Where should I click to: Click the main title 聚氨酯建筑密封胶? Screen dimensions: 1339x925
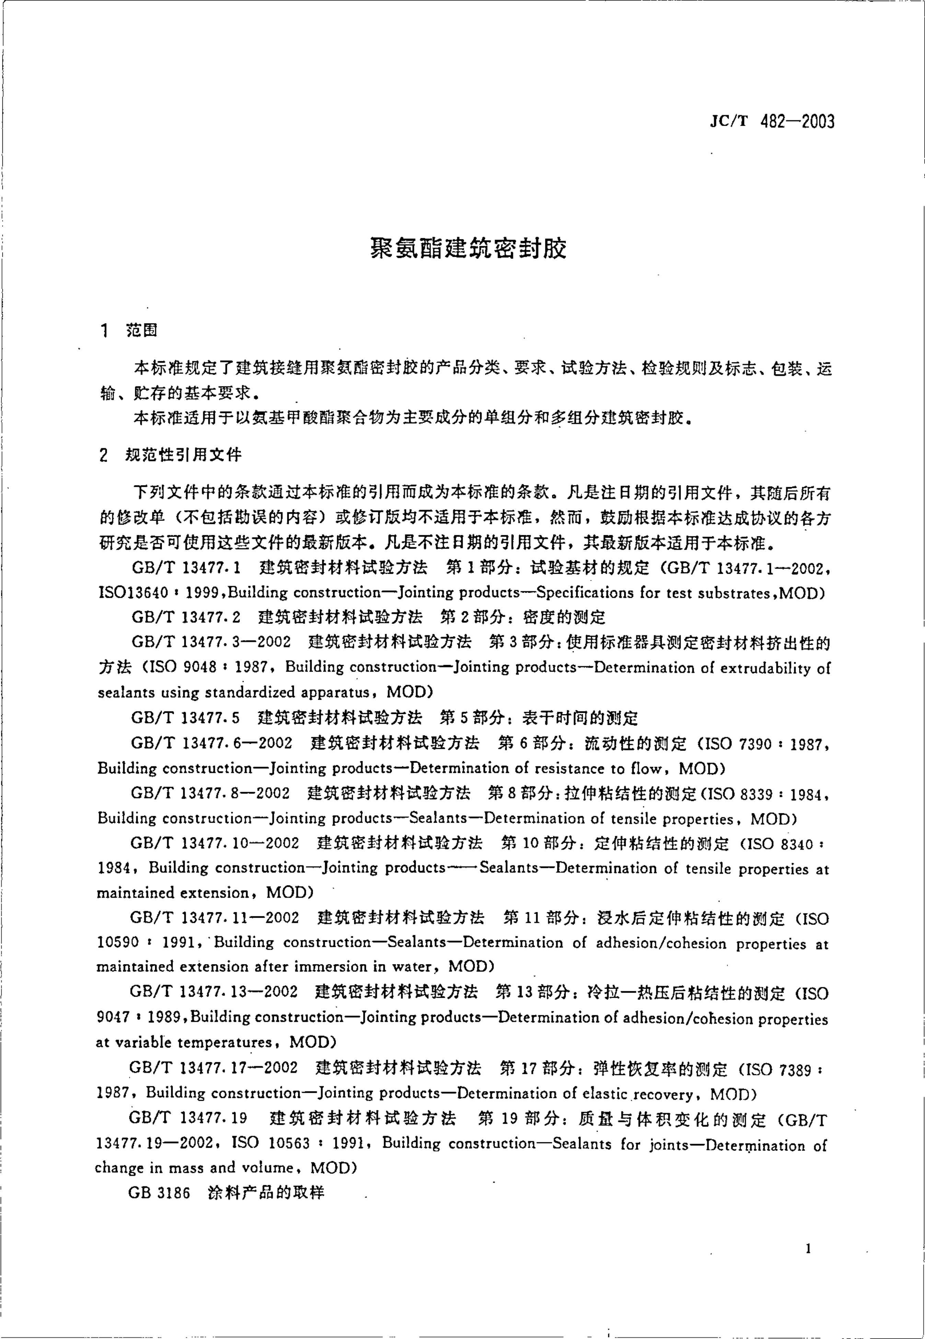[x=468, y=248]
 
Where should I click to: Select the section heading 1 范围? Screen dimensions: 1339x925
[x=129, y=330]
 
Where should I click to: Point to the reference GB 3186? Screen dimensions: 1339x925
[x=159, y=1192]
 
